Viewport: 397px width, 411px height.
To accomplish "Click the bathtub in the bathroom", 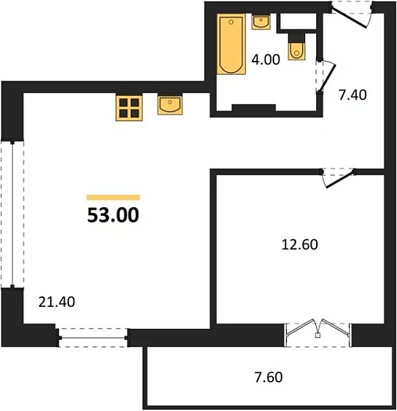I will [230, 45].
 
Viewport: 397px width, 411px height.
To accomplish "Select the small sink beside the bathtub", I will [262, 23].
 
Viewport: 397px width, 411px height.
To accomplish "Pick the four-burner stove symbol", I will [129, 107].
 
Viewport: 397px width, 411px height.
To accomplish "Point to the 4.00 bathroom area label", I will [266, 60].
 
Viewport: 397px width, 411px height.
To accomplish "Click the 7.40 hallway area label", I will [352, 94].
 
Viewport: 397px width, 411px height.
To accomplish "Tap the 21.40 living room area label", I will [58, 300].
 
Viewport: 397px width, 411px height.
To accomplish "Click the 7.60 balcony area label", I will [268, 379].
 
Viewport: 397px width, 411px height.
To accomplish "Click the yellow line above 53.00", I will [113, 197].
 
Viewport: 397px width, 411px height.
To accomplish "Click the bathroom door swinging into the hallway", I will [324, 76].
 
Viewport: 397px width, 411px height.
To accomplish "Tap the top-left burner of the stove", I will [123, 102].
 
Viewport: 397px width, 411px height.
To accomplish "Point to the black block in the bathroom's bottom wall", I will [253, 109].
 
